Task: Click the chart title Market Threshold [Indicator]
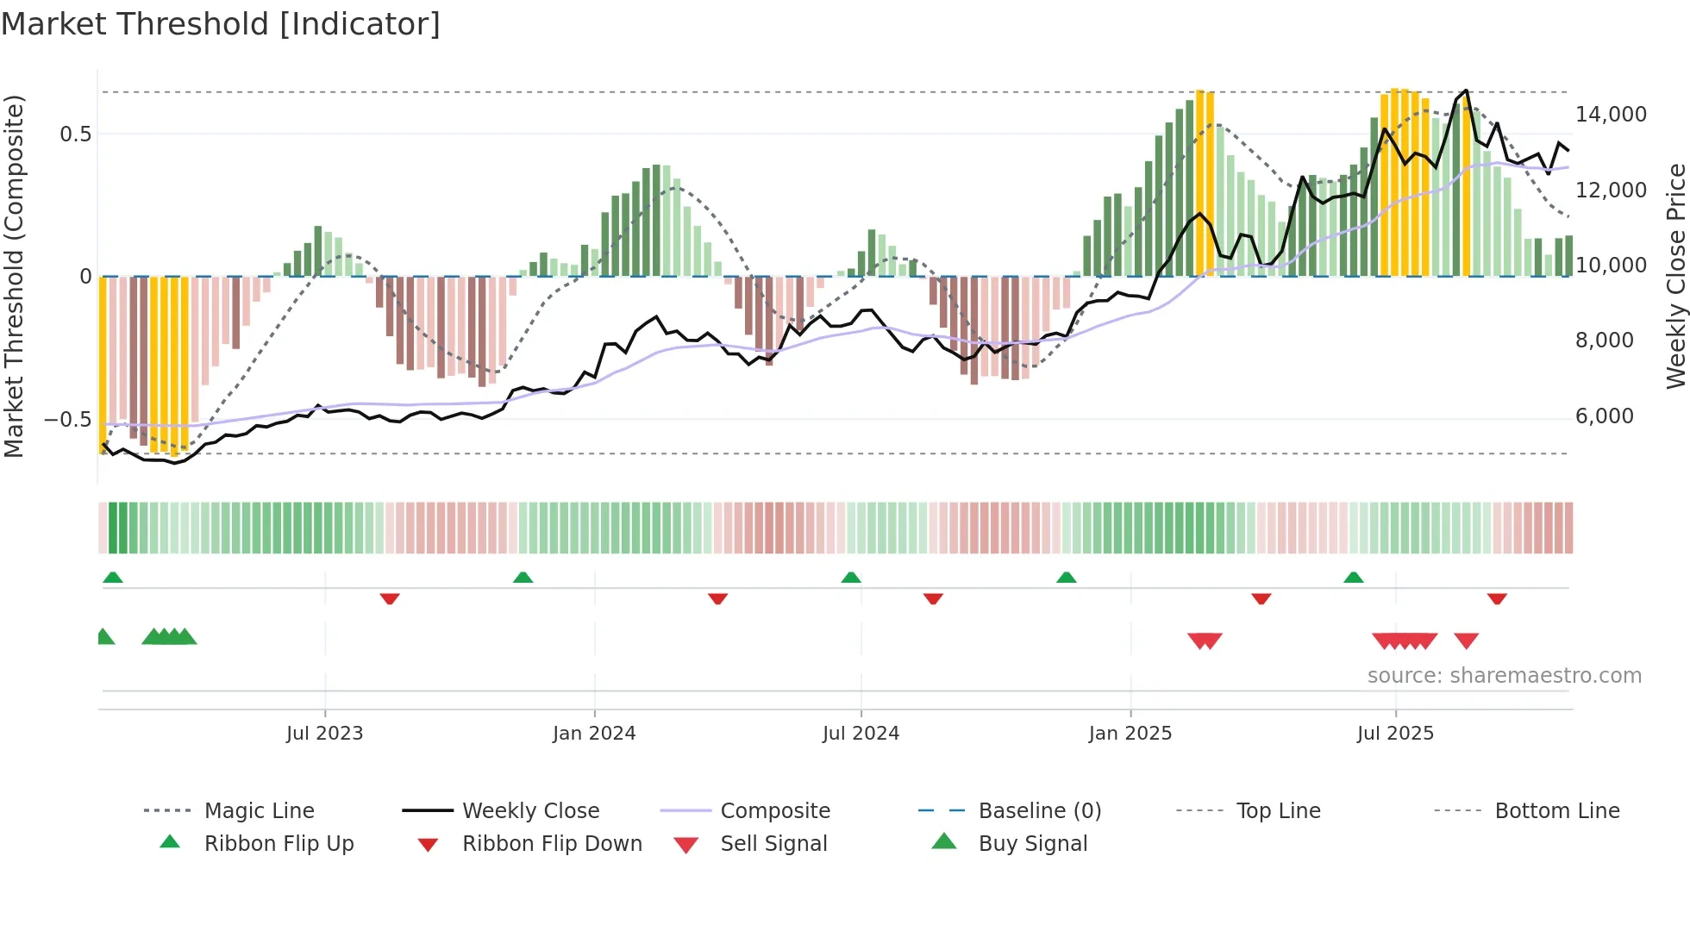pyautogui.click(x=221, y=24)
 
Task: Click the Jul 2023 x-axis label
pyautogui.click(x=324, y=734)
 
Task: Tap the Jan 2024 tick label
pyautogui.click(x=594, y=734)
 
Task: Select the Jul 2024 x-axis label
pyautogui.click(x=861, y=734)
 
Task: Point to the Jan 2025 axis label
pyautogui.click(x=1130, y=734)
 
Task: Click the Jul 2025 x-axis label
pyautogui.click(x=1395, y=734)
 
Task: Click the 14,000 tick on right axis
pyautogui.click(x=1611, y=115)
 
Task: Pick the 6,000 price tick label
pyautogui.click(x=1604, y=416)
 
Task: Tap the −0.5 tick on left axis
pyautogui.click(x=67, y=420)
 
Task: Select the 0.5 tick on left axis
pyautogui.click(x=75, y=134)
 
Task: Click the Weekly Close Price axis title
pyautogui.click(x=1675, y=276)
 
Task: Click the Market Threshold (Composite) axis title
pyautogui.click(x=14, y=276)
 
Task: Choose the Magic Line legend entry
pyautogui.click(x=259, y=811)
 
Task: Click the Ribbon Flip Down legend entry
pyautogui.click(x=552, y=844)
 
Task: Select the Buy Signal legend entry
pyautogui.click(x=1032, y=844)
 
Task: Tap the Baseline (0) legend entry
pyautogui.click(x=1039, y=811)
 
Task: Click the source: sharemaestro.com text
pyautogui.click(x=1504, y=676)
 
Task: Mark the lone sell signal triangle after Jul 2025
pyautogui.click(x=1466, y=641)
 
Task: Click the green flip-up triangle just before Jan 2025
pyautogui.click(x=1067, y=578)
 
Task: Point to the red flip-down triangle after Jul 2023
pyautogui.click(x=390, y=598)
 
